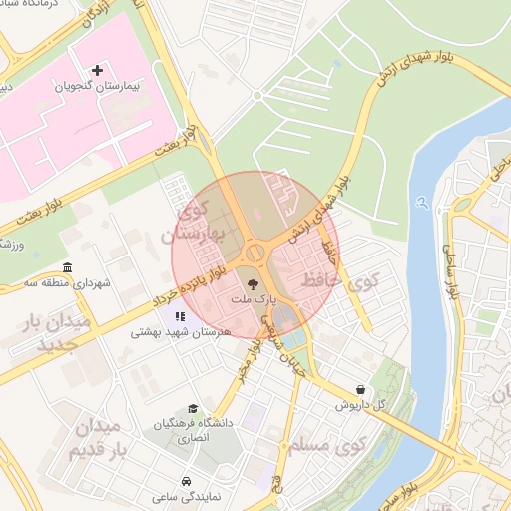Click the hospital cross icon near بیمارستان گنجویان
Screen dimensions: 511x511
(x=97, y=70)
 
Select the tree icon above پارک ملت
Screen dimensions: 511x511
(x=250, y=283)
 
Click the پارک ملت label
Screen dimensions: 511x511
(x=249, y=299)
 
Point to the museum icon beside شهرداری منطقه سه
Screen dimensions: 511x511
(x=67, y=268)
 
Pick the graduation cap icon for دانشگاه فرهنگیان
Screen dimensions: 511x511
(x=192, y=408)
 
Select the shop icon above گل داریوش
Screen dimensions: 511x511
(x=359, y=389)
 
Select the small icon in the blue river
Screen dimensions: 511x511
(x=424, y=204)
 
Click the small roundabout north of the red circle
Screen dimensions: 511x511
(x=256, y=95)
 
